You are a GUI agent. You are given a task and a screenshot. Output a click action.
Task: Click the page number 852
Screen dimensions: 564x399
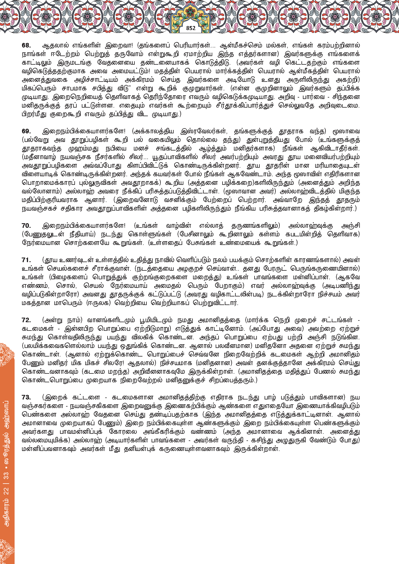[x=191, y=28]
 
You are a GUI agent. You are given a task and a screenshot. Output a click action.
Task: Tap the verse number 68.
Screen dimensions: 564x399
[x=26, y=45]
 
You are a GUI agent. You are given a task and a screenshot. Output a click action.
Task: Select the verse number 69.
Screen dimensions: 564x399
[x=26, y=131]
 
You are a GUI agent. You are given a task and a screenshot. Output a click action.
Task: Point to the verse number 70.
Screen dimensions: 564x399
[x=26, y=226]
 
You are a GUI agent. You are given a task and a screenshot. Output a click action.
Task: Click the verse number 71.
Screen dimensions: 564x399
[x=26, y=260]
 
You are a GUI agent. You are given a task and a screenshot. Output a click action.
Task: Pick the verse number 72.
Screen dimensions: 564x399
[x=26, y=320]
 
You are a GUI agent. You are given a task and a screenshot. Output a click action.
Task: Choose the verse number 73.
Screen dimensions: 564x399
[x=26, y=397]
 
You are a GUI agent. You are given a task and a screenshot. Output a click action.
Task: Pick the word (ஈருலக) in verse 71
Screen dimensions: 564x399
[x=98, y=303]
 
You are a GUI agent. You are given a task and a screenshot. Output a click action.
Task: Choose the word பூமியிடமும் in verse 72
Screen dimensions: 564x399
[x=156, y=320]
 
